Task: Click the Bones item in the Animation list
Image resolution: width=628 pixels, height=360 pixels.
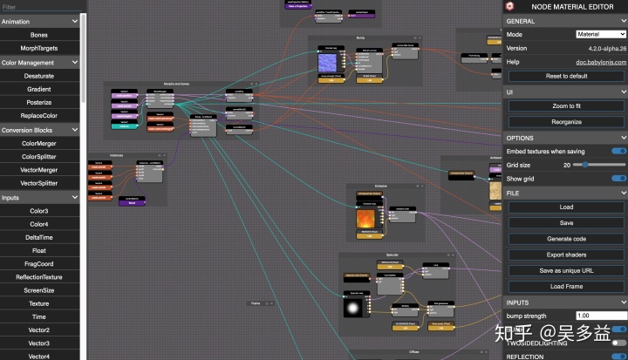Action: coord(39,34)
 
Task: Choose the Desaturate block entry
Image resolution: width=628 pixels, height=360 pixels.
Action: coord(39,76)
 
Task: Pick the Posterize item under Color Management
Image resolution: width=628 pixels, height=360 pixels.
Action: coord(39,102)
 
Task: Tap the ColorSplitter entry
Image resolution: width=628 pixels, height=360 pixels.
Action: coord(39,156)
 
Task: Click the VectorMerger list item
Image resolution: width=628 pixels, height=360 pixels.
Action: coord(39,170)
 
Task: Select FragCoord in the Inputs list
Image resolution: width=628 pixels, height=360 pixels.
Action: coord(39,264)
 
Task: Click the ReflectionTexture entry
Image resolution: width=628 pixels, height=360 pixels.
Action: coord(39,276)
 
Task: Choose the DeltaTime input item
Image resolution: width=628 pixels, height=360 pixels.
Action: coord(39,236)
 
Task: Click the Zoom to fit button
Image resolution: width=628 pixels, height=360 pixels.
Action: coord(566,106)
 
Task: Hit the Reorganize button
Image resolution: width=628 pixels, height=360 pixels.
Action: coord(566,122)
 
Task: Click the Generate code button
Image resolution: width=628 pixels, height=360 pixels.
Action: coord(566,239)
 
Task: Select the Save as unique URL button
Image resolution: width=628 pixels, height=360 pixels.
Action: coord(566,270)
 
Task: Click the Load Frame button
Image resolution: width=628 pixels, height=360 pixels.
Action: coord(566,286)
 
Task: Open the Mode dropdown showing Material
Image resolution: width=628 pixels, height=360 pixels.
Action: coord(601,34)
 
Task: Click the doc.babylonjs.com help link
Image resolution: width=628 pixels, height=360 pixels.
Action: coord(601,62)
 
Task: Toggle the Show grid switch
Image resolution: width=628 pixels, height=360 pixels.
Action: coord(618,179)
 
